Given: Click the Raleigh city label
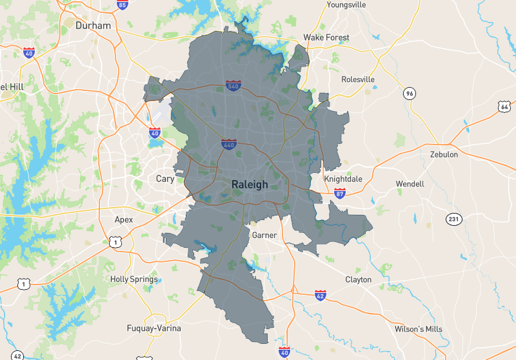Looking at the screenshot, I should pos(250,185).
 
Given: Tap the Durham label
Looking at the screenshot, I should pos(94,26).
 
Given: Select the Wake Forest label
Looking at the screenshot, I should pos(326,37).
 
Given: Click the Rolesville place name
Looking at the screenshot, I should pos(358,79).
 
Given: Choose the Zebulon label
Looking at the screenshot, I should pos(444,155).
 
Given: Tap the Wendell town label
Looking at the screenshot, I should pos(410,184).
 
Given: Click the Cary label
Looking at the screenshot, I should pos(165,179).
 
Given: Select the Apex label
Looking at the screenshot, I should pos(124,219).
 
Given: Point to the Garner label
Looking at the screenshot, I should pos(264,235).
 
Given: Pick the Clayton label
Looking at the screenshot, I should pos(358,279).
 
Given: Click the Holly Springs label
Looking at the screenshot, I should pos(134,279).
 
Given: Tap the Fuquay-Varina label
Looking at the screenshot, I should pos(154,328).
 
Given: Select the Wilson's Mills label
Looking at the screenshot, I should pos(419,329).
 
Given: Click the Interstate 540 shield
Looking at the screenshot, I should pos(233,86).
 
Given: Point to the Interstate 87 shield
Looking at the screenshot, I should pos(340,192).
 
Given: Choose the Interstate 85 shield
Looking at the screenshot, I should pos(123,5).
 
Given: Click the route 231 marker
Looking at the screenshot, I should pos(454,219).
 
